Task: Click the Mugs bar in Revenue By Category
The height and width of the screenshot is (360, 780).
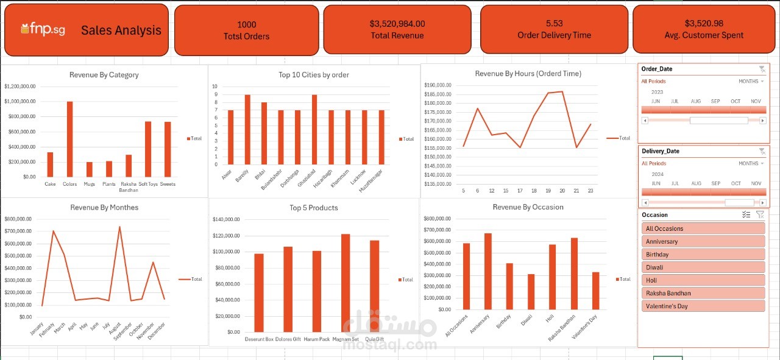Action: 89,169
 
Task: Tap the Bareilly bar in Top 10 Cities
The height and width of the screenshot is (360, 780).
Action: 247,129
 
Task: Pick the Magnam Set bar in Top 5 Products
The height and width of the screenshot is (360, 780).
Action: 346,283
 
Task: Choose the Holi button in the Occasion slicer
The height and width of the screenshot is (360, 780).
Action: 703,280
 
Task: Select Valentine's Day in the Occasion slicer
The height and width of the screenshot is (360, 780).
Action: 703,306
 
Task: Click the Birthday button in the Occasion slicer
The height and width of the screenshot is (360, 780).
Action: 703,255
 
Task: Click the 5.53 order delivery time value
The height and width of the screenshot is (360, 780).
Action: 554,23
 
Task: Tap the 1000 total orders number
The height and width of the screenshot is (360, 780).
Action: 246,24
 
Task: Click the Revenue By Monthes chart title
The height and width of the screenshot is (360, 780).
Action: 104,208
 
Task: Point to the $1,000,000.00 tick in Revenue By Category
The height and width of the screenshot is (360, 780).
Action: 20,102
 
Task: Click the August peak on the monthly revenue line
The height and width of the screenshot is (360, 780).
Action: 119,227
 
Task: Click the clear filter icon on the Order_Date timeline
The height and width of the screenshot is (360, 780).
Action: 762,69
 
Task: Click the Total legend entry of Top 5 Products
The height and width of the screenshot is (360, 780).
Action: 405,280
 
